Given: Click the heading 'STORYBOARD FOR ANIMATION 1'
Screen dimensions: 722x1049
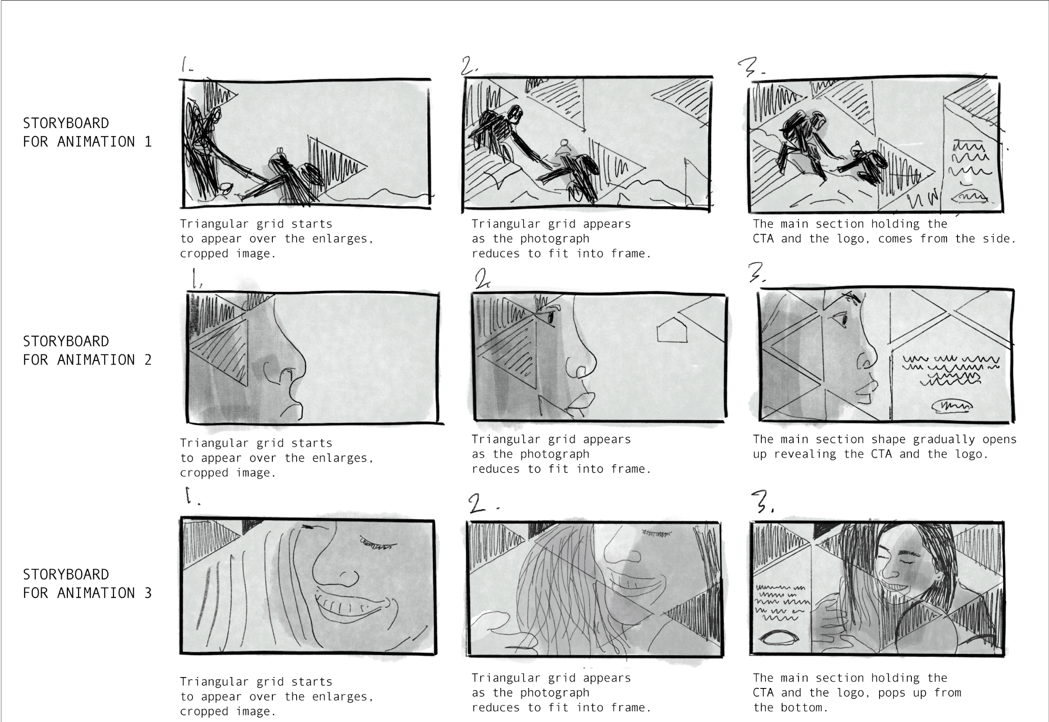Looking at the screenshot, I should point(87,132).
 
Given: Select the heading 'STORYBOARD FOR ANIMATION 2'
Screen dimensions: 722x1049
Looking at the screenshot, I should point(87,350).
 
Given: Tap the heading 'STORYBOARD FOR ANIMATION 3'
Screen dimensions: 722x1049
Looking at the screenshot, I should point(87,583).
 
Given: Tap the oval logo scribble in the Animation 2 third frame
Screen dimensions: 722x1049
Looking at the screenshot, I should point(952,406).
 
